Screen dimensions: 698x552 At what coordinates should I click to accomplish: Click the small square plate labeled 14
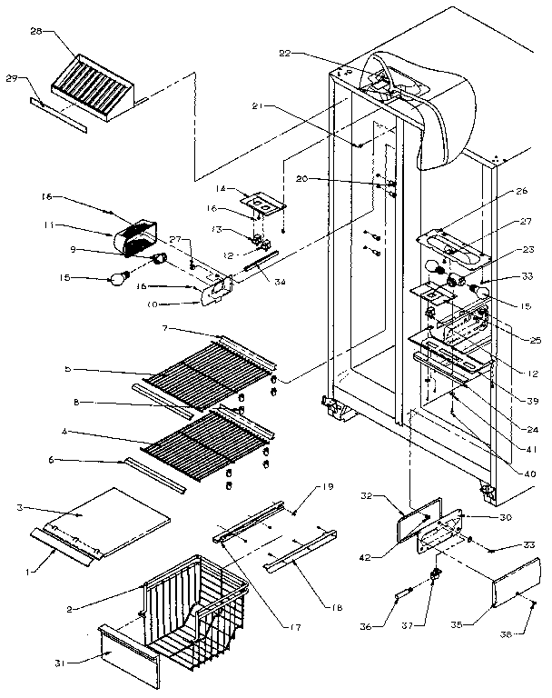click(x=259, y=201)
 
